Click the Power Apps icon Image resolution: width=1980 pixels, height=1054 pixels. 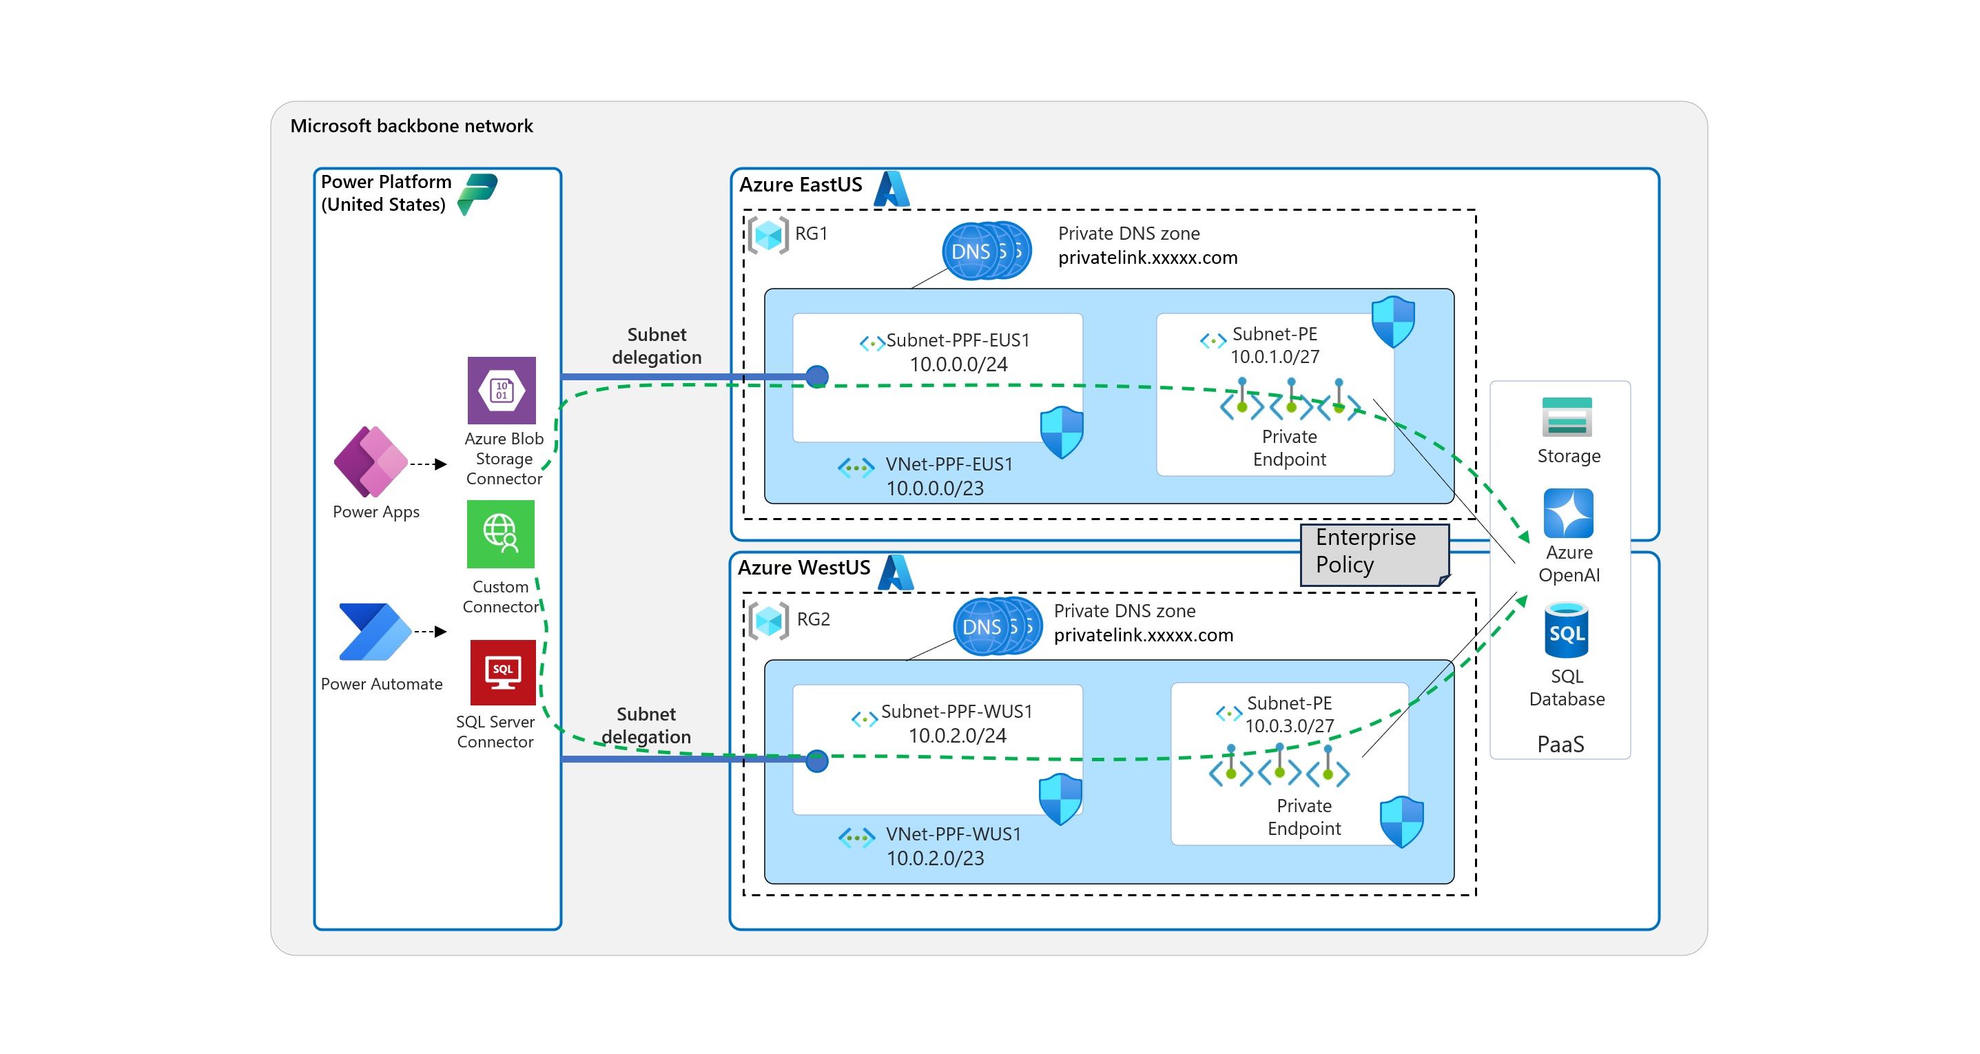371,462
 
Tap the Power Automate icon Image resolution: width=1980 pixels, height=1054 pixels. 374,632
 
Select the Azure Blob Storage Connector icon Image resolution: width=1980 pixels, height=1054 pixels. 501,390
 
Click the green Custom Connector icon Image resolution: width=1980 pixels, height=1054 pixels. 500,533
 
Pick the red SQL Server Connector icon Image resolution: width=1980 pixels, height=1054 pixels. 502,672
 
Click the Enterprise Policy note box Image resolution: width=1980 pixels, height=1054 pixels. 1373,554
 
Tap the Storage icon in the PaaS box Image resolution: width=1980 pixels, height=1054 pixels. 1567,417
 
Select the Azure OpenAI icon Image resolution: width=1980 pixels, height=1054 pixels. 1567,513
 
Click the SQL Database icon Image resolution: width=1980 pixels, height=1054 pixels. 1566,631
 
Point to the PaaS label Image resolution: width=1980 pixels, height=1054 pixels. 1560,743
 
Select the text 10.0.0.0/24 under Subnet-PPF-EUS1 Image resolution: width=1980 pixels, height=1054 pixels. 958,364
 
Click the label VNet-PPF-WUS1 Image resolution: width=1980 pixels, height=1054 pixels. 952,834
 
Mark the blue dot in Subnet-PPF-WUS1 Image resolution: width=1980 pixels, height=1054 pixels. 816,761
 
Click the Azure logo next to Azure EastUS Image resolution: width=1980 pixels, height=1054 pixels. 891,189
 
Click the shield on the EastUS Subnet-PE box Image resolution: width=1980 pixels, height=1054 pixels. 1393,321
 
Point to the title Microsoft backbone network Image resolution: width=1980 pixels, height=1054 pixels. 411,126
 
